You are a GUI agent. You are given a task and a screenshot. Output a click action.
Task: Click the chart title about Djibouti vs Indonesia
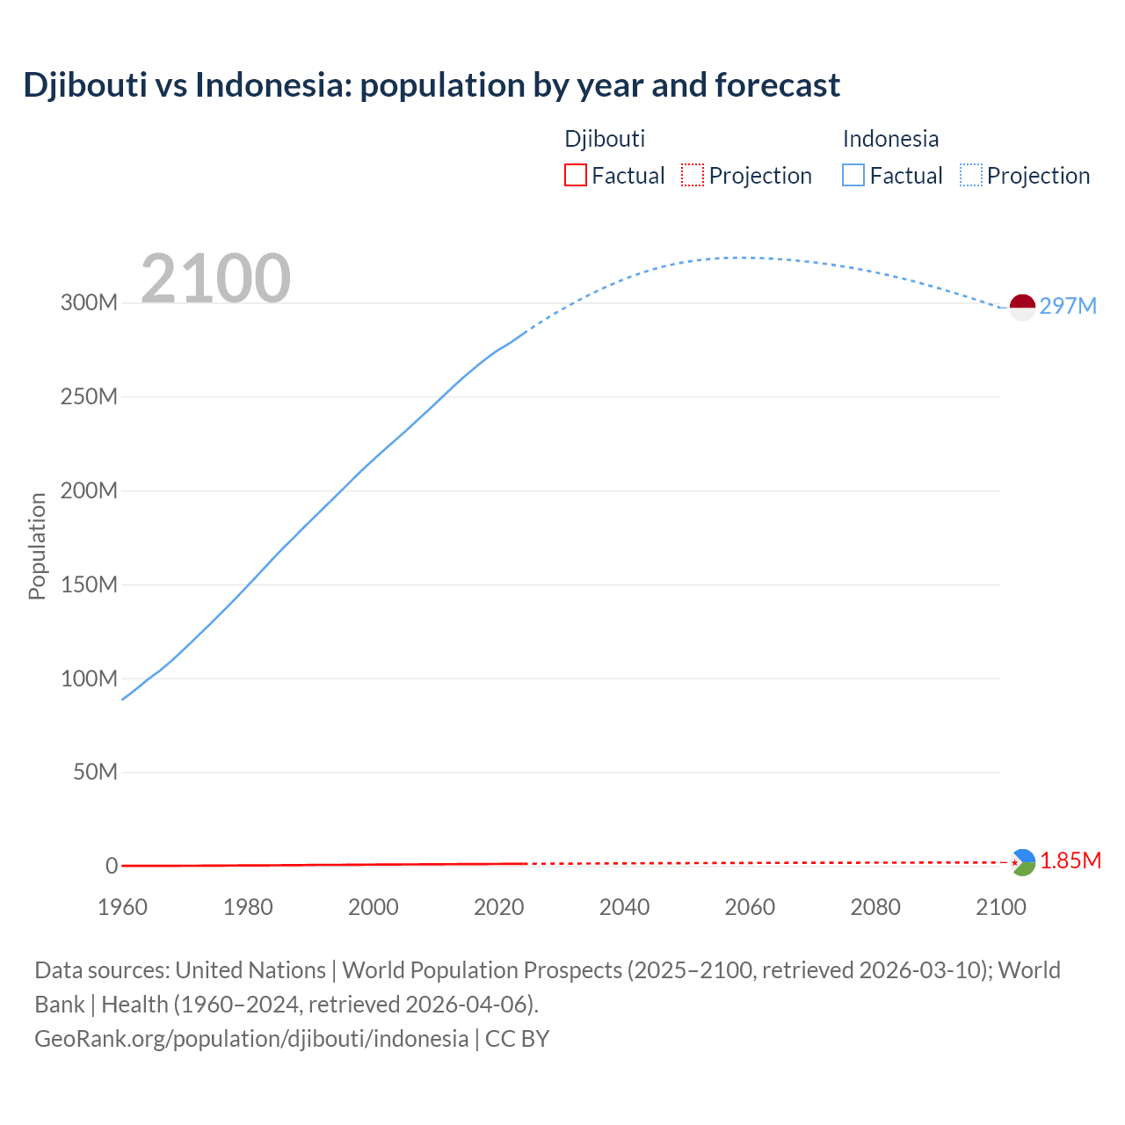432,85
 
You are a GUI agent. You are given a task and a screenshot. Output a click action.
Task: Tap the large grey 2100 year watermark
215,279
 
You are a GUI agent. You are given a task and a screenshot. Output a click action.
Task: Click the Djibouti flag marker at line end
1022,862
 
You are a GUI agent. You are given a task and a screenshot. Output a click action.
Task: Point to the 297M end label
1068,306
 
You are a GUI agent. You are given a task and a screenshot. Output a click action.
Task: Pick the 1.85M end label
1070,861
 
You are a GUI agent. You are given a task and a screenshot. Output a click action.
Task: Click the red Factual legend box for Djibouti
576,176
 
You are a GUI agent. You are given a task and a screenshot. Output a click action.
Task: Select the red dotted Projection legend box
693,176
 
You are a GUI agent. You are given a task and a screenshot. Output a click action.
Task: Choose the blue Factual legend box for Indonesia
853,176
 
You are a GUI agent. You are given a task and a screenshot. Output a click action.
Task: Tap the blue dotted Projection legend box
971,176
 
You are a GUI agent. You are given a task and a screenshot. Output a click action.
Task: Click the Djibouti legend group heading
605,139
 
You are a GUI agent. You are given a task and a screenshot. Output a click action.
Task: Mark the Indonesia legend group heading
890,139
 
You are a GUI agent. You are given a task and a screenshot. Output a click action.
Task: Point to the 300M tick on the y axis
89,303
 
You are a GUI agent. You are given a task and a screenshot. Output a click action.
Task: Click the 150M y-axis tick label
89,584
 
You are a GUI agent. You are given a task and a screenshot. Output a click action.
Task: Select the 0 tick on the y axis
112,866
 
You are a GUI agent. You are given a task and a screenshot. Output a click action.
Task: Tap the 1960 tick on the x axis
122,907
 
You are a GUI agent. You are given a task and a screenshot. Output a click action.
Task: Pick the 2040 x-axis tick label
624,907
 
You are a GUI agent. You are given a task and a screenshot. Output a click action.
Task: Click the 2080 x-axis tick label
875,907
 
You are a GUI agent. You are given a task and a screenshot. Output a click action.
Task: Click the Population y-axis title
37,546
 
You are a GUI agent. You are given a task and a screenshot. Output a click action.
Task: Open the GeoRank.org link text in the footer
251,1039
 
